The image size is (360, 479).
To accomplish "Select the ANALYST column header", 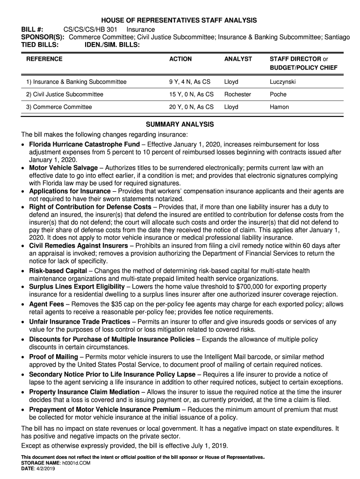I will (x=238, y=59).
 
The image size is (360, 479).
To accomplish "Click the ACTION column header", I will (x=180, y=59).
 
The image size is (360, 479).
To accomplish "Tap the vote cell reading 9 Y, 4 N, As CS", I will (x=190, y=82).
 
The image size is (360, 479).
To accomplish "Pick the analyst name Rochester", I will (x=238, y=94).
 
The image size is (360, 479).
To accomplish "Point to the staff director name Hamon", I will (x=279, y=107).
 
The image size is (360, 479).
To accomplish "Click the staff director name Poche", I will (x=278, y=94).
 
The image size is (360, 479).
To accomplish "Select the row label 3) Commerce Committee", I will (x=59, y=107).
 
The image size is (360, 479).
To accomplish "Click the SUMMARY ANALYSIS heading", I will (x=180, y=124).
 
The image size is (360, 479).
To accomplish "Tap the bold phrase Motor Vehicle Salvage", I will (x=64, y=167).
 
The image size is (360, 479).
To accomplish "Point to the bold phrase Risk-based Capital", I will (x=58, y=271).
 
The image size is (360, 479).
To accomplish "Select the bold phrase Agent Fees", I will (x=46, y=304).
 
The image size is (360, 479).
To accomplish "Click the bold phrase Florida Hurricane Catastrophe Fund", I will (x=84, y=144).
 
